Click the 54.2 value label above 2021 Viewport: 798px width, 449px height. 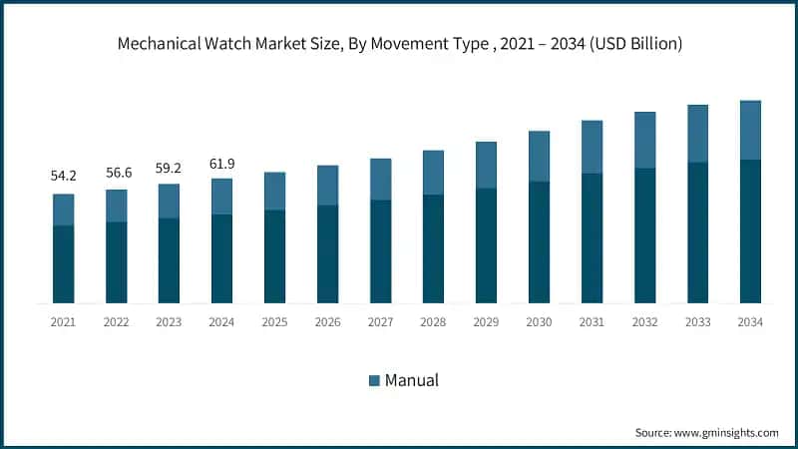[64, 176]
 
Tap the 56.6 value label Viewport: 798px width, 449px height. [117, 172]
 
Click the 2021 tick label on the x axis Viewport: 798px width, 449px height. [64, 321]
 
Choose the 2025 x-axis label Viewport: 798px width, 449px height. [274, 321]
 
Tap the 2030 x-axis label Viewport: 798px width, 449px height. [539, 321]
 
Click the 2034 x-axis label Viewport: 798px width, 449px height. [750, 321]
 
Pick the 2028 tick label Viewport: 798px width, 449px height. [433, 321]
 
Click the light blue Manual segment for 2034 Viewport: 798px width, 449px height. [750, 130]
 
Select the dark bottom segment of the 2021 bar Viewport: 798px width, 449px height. [64, 264]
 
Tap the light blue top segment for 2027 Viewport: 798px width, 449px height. [380, 179]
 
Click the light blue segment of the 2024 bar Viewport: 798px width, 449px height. [221, 197]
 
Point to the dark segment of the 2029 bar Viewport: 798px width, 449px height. [486, 245]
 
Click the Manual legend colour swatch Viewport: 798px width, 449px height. [375, 380]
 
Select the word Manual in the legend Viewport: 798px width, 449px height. [412, 380]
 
